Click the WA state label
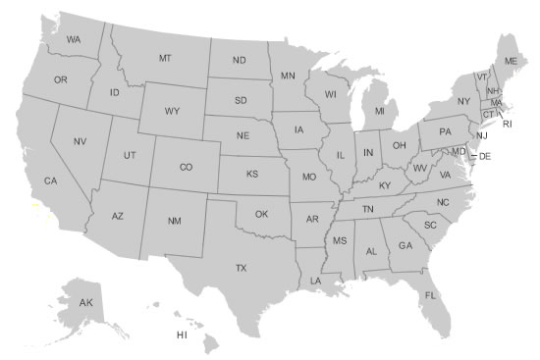[74, 39]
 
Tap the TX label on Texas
[240, 267]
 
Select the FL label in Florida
[430, 295]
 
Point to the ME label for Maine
[510, 61]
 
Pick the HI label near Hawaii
[182, 334]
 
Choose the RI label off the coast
[507, 125]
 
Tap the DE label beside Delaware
[485, 156]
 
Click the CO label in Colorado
[186, 167]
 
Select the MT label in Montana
[165, 59]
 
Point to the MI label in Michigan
[379, 112]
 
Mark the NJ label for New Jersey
[481, 135]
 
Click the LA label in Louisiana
[315, 281]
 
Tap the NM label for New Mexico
[174, 221]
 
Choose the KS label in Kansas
[252, 174]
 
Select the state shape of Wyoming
[172, 113]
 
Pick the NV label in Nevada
[81, 142]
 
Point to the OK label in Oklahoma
[261, 214]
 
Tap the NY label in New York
[463, 101]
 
